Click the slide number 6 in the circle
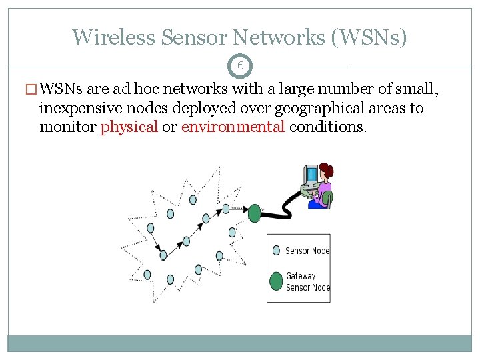(x=240, y=66)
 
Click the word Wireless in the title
(x=114, y=37)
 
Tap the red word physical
(x=129, y=127)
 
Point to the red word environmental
(x=233, y=127)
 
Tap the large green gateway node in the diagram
(x=255, y=213)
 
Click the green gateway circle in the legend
(x=276, y=281)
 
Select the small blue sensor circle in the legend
(x=276, y=251)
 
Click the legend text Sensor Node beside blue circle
(x=307, y=251)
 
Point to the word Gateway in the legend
(x=301, y=276)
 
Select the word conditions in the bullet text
(x=327, y=127)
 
